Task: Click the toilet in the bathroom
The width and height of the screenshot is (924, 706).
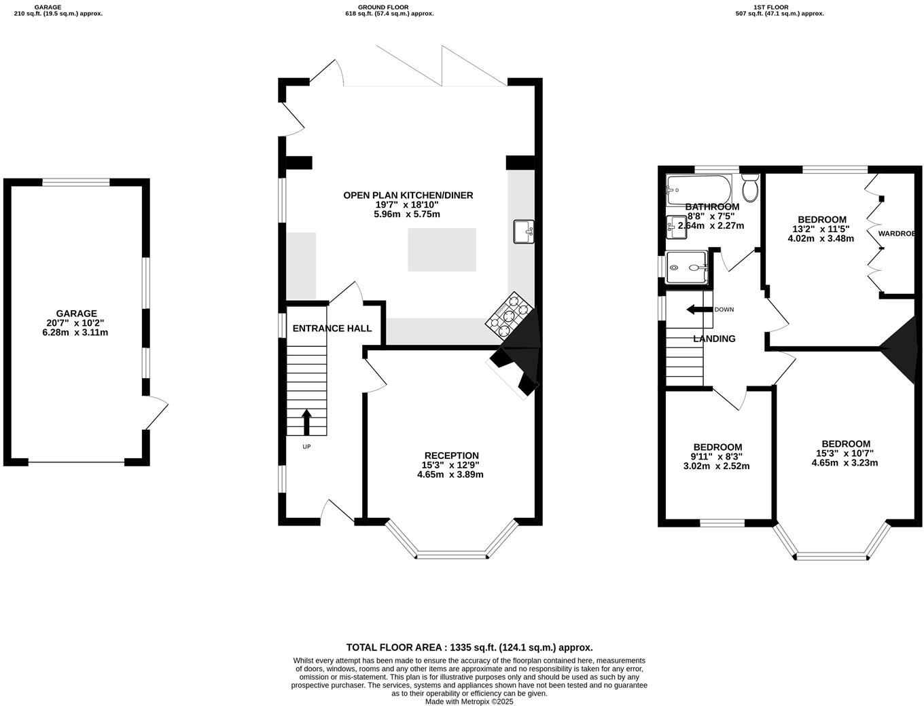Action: [x=750, y=188]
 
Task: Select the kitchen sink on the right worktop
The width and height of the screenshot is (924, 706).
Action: [x=524, y=231]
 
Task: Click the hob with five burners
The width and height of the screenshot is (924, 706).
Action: [x=507, y=315]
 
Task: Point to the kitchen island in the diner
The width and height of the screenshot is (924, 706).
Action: [x=442, y=250]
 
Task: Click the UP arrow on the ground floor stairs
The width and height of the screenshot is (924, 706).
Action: [x=306, y=422]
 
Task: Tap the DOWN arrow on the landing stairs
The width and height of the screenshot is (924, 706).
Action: [x=697, y=310]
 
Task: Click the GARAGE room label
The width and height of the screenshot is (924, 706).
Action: [x=76, y=314]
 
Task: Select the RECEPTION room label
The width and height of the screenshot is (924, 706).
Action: [x=451, y=456]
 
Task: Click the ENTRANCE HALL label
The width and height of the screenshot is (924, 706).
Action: [x=332, y=329]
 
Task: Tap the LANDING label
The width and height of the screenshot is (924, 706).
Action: [x=714, y=339]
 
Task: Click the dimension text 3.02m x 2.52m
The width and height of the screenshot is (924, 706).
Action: [x=716, y=466]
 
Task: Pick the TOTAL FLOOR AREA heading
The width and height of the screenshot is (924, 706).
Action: [x=469, y=648]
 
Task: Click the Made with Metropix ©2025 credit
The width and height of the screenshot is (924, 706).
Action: [x=469, y=701]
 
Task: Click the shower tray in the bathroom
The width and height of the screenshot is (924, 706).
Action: [x=687, y=267]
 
